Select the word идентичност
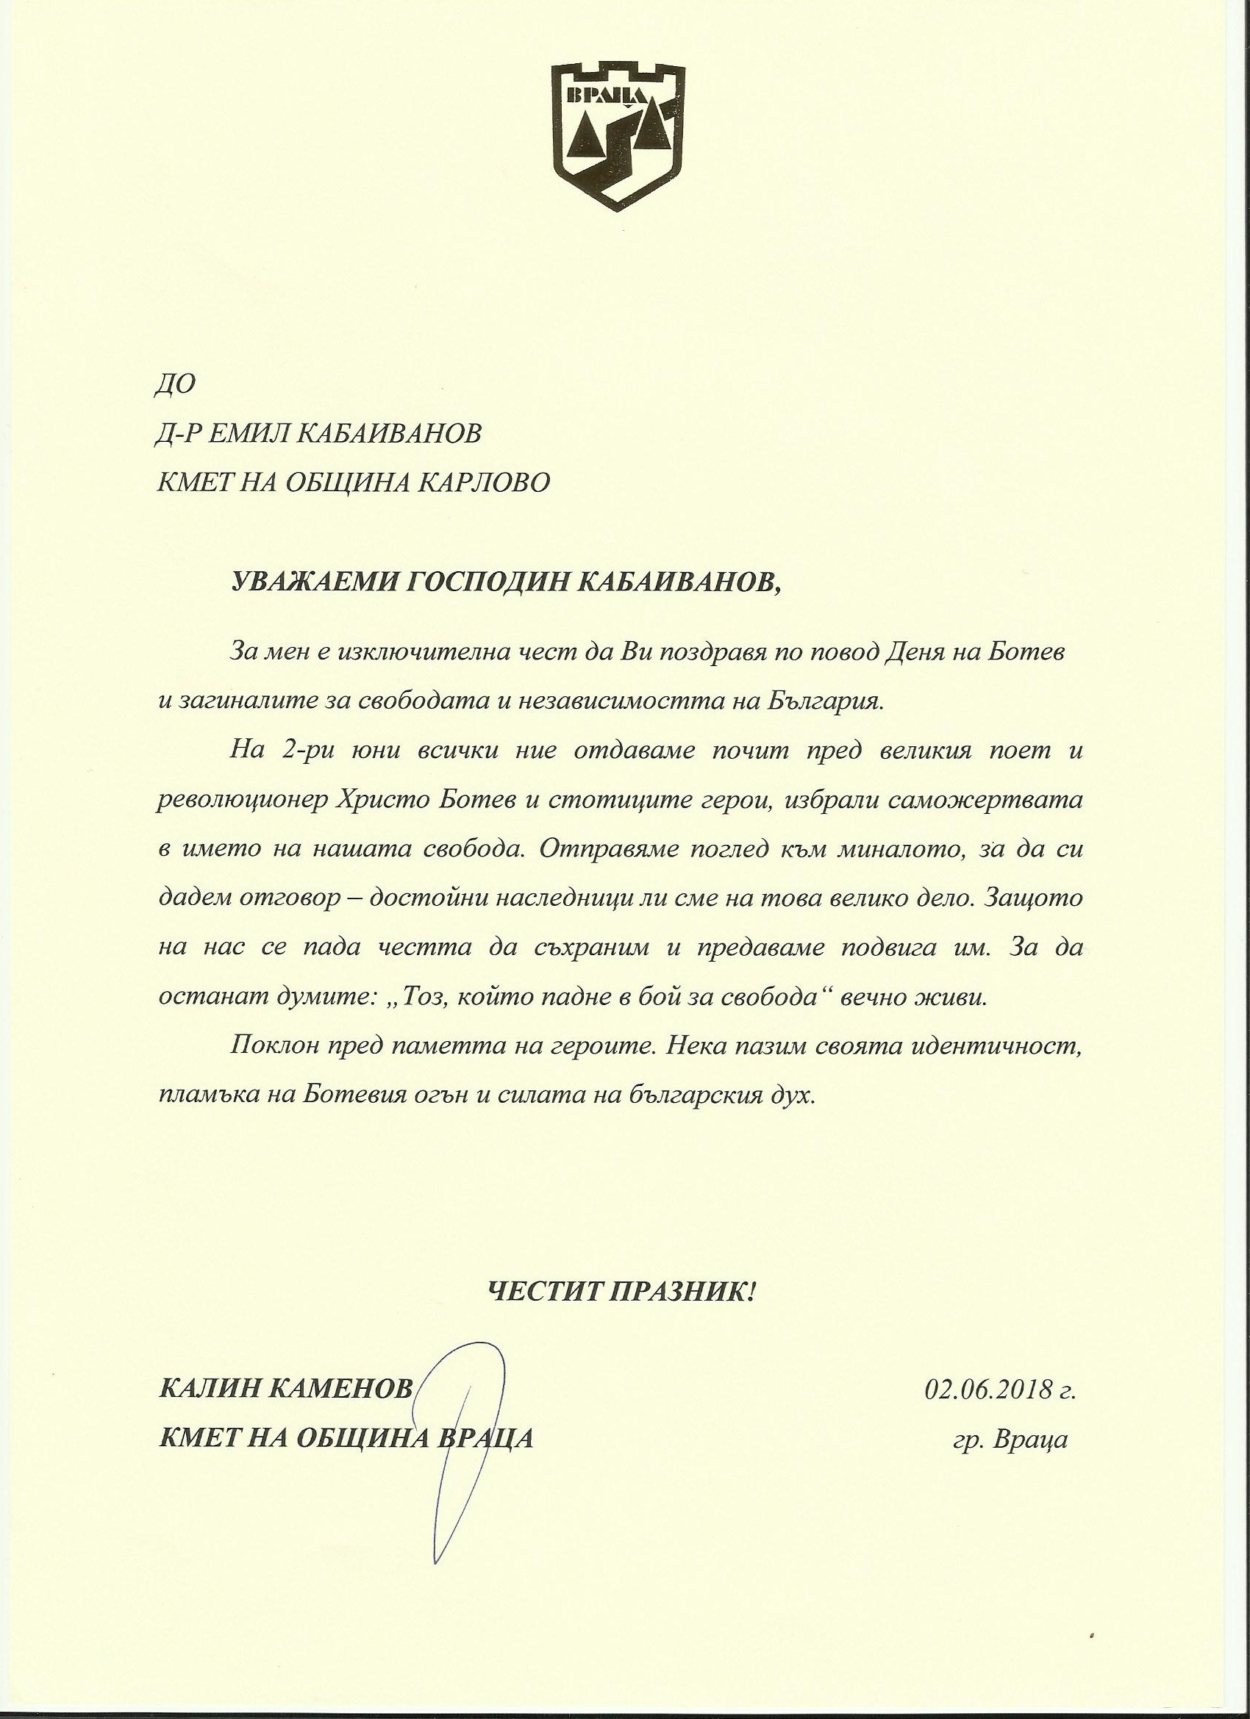[999, 1048]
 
